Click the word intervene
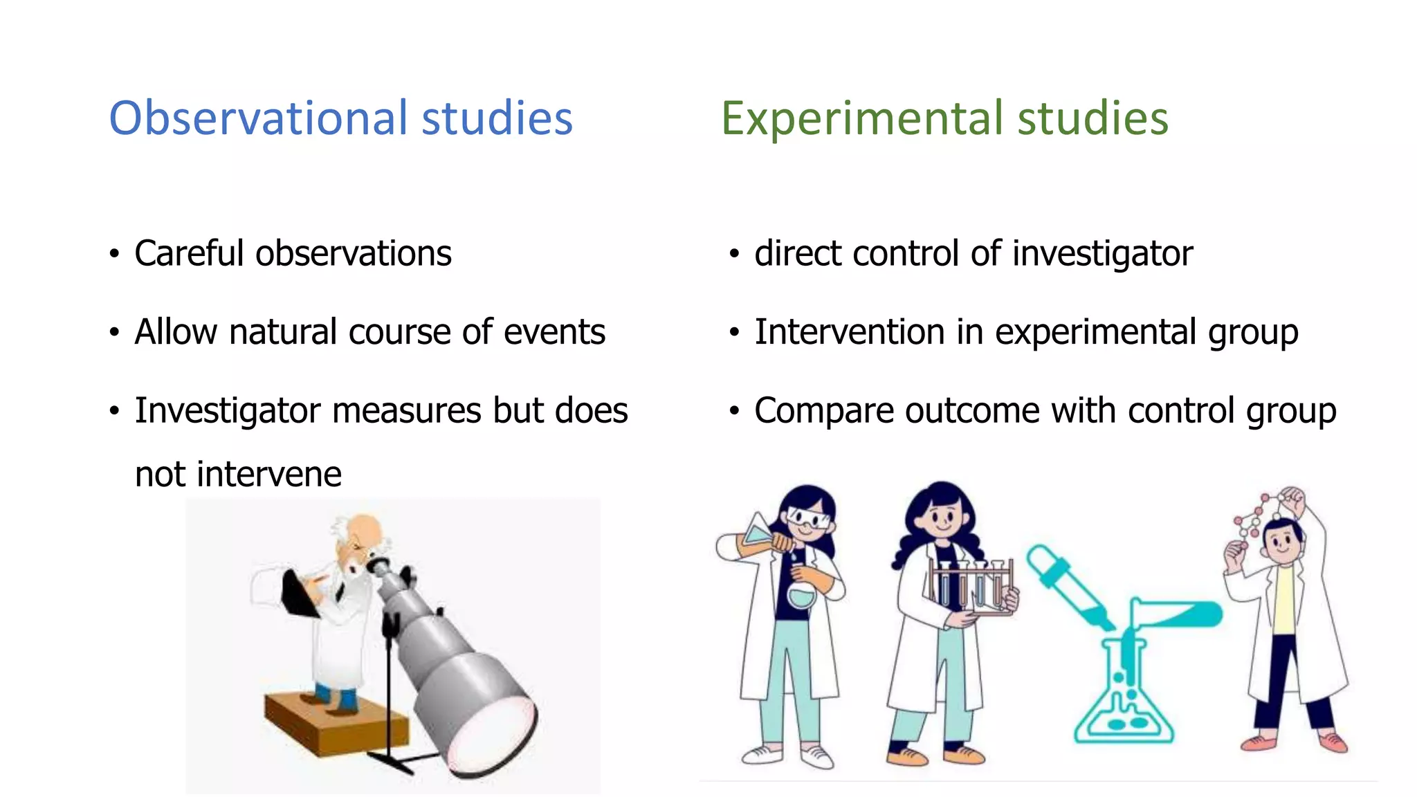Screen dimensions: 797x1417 tap(269, 475)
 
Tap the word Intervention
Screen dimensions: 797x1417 tap(849, 332)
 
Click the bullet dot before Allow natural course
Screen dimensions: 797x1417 tap(114, 333)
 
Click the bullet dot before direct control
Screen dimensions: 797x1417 tap(734, 254)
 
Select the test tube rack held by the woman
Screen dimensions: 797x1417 tap(972, 585)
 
